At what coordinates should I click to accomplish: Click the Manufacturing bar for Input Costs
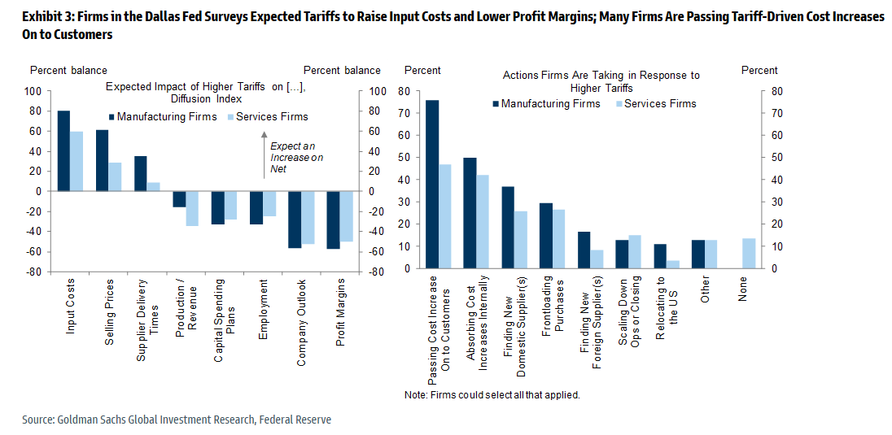click(x=63, y=150)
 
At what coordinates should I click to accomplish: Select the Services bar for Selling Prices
click(x=115, y=176)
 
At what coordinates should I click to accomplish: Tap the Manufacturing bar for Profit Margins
click(x=332, y=220)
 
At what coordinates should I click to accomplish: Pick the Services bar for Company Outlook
click(x=308, y=217)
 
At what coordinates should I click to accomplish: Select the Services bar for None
click(x=749, y=254)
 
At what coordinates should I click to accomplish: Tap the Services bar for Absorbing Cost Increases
click(x=483, y=222)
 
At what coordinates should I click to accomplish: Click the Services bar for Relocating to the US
click(x=673, y=264)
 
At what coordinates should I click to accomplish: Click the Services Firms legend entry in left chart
click(x=268, y=116)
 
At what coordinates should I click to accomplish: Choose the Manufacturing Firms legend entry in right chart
click(x=545, y=103)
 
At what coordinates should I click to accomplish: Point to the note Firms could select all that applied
click(x=492, y=395)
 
